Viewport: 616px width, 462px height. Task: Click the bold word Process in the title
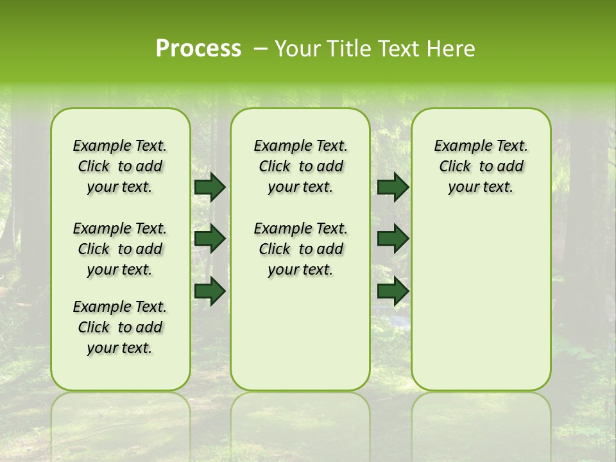click(198, 49)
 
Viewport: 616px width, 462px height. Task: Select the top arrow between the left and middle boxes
click(209, 187)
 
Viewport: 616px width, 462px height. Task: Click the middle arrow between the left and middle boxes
click(209, 239)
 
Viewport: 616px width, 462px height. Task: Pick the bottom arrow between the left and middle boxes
click(209, 291)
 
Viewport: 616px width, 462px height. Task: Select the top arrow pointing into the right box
click(393, 187)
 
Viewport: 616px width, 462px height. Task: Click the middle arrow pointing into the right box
click(393, 239)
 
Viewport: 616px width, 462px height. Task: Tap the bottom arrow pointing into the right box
click(393, 291)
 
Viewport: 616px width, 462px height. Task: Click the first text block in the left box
click(120, 166)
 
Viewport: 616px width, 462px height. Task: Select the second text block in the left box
click(120, 249)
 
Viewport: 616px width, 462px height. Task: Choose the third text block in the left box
click(120, 327)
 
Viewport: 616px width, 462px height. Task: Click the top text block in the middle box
click(300, 166)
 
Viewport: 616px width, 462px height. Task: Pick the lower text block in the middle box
click(300, 249)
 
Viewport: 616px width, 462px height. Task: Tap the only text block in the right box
click(481, 166)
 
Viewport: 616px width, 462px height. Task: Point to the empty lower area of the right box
click(481, 302)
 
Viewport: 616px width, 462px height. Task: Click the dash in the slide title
click(261, 49)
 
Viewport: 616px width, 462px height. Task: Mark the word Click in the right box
click(455, 167)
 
